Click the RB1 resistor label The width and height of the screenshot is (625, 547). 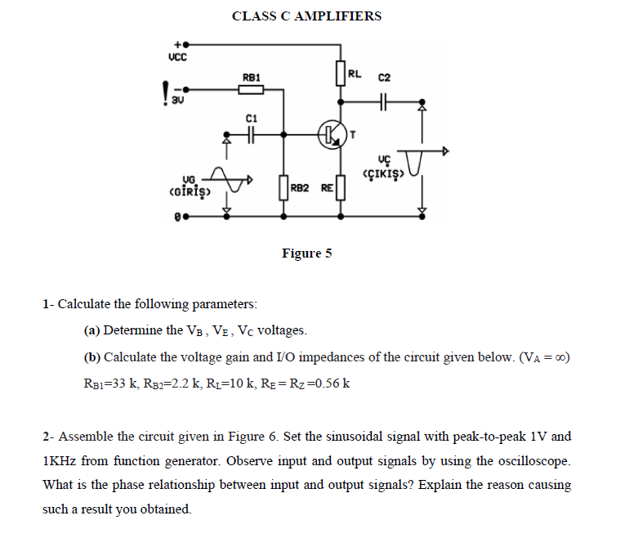252,77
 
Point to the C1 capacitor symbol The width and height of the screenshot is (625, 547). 251,133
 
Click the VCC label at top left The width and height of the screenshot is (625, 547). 177,57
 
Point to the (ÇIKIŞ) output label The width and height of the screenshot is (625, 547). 385,173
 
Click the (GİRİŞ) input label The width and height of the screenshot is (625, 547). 188,193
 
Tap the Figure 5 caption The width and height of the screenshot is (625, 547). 306,253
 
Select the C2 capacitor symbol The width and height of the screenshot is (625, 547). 385,102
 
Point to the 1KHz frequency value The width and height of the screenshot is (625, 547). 63,460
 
